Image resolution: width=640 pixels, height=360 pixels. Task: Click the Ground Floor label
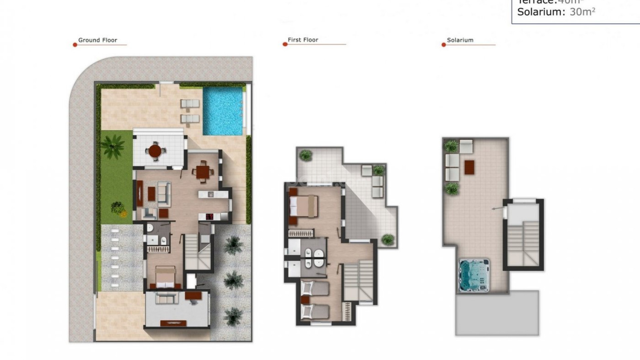tap(98, 40)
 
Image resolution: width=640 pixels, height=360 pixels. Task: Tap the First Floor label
tap(303, 40)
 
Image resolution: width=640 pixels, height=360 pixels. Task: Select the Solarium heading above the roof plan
tap(460, 40)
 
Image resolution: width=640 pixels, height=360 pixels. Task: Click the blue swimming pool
tap(223, 111)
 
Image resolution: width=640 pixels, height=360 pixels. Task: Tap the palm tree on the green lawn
tap(112, 145)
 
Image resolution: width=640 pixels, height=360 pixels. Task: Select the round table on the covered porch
tap(155, 151)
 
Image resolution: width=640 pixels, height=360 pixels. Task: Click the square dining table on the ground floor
tap(202, 172)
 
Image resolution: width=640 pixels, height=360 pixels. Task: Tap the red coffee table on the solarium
tap(469, 167)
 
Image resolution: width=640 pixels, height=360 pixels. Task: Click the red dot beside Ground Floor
tap(75, 45)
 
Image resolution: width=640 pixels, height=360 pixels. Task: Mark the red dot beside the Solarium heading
tap(444, 45)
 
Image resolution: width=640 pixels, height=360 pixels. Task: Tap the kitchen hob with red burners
tap(210, 217)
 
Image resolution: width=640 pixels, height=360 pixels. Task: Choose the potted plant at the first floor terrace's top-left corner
tap(305, 155)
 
